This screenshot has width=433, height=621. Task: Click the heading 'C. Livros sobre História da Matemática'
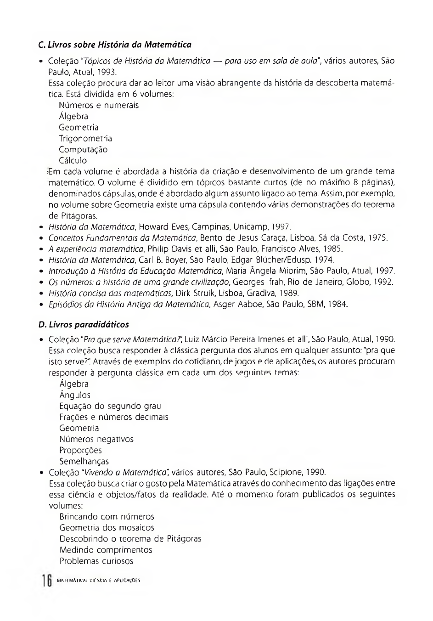[115, 45]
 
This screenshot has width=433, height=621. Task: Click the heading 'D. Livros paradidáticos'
[84, 325]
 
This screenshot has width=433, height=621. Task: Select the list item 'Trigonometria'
[85, 139]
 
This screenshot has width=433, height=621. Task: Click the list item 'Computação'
[83, 150]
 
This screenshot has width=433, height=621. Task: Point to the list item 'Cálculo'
[73, 161]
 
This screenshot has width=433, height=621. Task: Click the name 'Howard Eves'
[160, 227]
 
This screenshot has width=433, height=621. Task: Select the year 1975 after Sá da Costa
[377, 238]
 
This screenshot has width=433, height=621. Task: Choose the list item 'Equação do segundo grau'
[110, 406]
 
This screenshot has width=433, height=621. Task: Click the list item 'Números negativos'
[96, 439]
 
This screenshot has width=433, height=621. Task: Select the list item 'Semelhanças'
[84, 461]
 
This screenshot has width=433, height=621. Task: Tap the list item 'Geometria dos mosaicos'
[107, 528]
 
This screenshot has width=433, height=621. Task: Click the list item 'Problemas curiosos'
[96, 561]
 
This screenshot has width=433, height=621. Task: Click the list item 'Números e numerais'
[99, 105]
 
